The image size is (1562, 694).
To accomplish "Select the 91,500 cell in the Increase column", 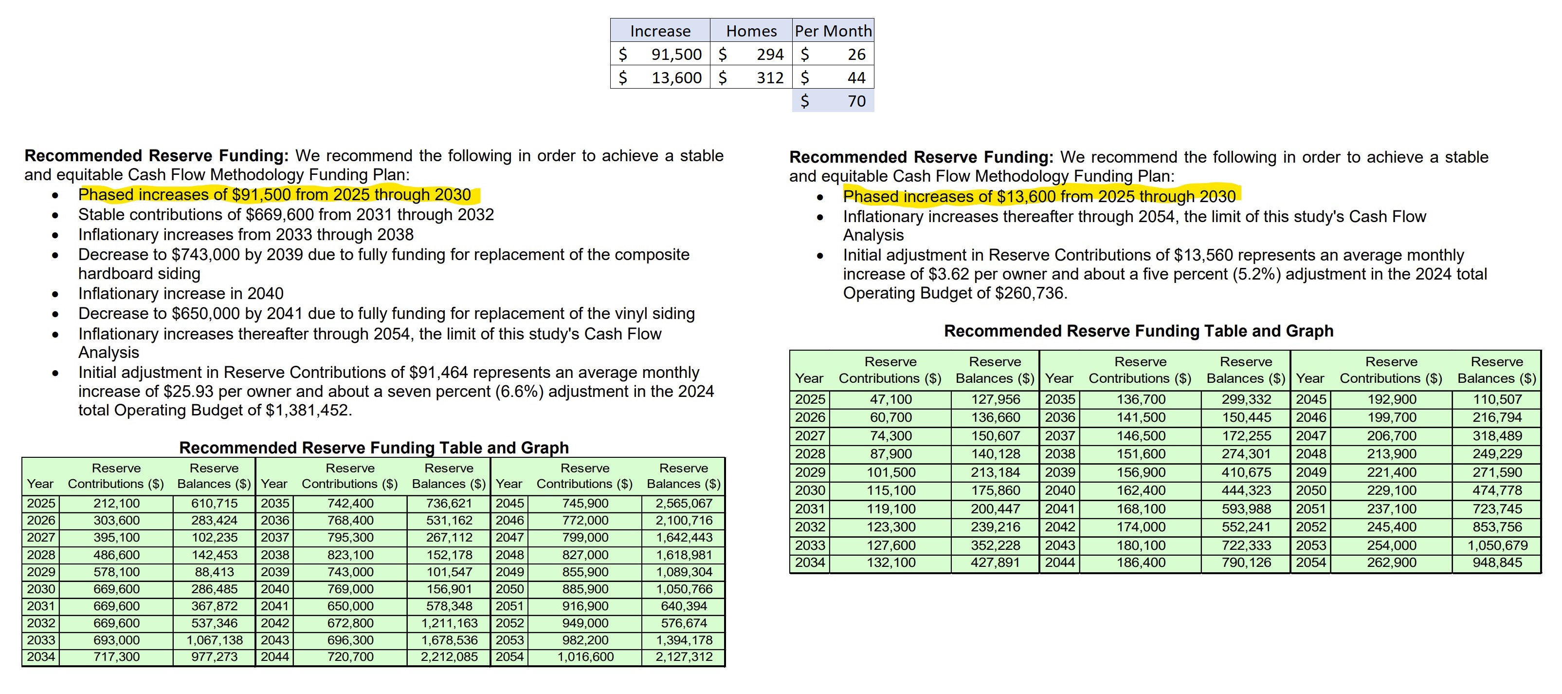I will [675, 55].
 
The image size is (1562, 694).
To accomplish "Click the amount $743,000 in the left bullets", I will [205, 255].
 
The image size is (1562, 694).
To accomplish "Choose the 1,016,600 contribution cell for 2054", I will [585, 657].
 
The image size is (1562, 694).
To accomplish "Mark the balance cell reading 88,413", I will [214, 572].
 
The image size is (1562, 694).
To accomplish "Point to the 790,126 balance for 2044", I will [1246, 563].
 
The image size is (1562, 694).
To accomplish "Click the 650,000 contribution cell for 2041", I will [350, 606].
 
